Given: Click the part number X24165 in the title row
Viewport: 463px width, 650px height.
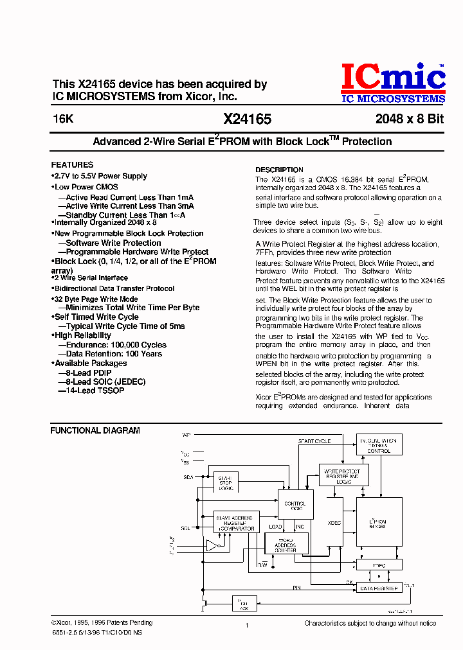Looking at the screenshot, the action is tap(248, 119).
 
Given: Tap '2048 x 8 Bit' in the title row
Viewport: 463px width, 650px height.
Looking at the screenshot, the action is tap(410, 119).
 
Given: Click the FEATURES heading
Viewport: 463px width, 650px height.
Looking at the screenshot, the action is tap(72, 164).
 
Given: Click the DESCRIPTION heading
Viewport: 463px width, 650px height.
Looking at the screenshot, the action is tap(279, 170).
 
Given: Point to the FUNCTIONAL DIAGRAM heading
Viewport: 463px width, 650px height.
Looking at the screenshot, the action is tap(95, 430).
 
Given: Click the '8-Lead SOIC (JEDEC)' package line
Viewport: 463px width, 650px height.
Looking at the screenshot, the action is tap(105, 382).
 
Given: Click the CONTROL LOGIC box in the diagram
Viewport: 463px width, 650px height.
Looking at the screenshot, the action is tap(295, 505).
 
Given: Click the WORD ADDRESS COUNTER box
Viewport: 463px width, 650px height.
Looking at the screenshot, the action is tap(286, 544).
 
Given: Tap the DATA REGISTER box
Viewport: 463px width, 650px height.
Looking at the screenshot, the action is tap(378, 588).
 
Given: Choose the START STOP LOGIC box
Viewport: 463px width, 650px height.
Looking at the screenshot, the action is tap(225, 483).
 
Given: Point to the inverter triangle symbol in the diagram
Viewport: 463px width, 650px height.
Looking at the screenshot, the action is tap(213, 545).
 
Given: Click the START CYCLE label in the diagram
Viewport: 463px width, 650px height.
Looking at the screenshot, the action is tap(314, 441).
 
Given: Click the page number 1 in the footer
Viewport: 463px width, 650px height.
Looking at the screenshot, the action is tap(247, 624).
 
